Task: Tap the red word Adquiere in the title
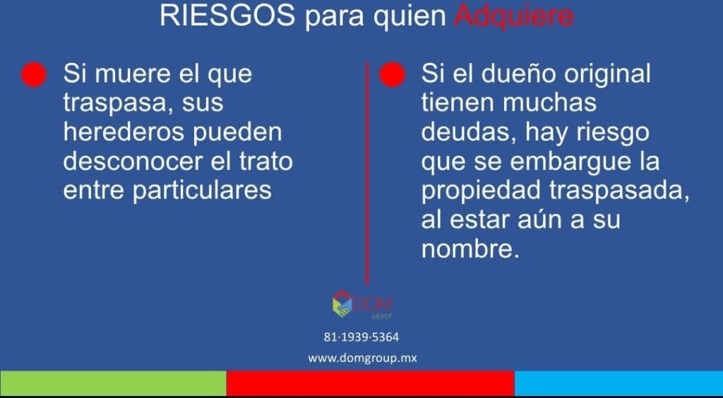click(514, 17)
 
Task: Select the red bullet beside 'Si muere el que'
click(34, 74)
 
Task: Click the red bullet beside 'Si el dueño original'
click(393, 74)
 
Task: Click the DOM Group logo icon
click(342, 304)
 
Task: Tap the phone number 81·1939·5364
click(361, 337)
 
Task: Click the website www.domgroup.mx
click(362, 358)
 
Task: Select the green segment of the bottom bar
click(113, 382)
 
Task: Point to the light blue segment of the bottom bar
click(619, 382)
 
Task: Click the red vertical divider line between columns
click(367, 173)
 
